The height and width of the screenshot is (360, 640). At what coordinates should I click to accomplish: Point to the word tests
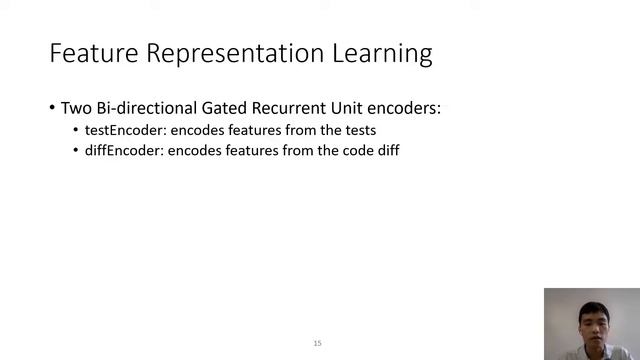(x=358, y=131)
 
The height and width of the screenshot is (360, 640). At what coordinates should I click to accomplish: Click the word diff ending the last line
(x=387, y=151)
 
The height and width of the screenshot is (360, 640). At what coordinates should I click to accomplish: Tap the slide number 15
(x=317, y=343)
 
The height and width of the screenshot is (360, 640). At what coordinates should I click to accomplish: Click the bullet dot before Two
(x=52, y=108)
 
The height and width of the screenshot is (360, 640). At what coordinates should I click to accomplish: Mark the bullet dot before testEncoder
(x=76, y=131)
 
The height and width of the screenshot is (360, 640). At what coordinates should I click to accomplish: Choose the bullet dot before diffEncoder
(x=76, y=151)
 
